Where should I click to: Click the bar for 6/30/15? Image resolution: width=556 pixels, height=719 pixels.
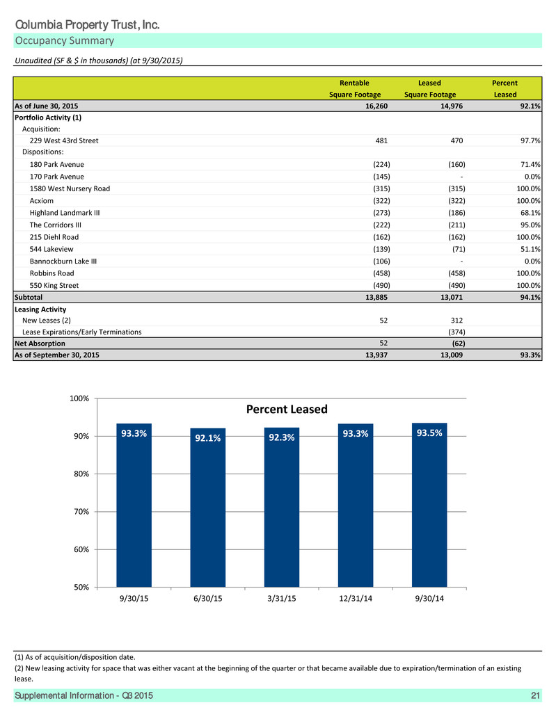coord(208,507)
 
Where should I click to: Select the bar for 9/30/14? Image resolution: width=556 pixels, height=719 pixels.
coord(429,505)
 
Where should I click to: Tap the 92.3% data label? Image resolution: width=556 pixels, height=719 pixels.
coord(282,437)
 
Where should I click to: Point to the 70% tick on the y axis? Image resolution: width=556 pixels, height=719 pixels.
coord(81,511)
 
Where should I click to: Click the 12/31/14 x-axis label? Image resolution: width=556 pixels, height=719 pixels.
coord(356,599)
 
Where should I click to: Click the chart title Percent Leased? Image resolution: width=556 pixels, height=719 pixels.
coord(287,409)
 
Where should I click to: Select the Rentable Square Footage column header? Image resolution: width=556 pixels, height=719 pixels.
coord(355,88)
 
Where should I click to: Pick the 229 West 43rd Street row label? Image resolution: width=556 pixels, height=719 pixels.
coord(64,140)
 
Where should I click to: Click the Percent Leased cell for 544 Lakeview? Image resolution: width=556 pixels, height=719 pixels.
coord(530,249)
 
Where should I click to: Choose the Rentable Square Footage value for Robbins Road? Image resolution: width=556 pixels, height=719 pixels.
coord(381,273)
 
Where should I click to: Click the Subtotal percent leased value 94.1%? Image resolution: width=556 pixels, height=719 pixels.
coord(530,297)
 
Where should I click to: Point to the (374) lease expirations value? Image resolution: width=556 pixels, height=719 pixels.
coord(456,332)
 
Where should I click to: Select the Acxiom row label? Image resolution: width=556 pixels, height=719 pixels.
coord(41,201)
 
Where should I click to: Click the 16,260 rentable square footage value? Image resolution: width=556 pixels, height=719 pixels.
coord(376,106)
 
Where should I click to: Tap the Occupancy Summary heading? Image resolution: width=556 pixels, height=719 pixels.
coord(65,40)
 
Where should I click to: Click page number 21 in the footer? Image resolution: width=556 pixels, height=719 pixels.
coord(535,695)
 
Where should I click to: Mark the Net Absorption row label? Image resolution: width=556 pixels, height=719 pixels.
coord(40,344)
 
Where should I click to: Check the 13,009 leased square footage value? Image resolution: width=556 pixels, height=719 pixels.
coord(452,355)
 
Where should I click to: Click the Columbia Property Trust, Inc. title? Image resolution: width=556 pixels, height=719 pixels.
coord(87,25)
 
